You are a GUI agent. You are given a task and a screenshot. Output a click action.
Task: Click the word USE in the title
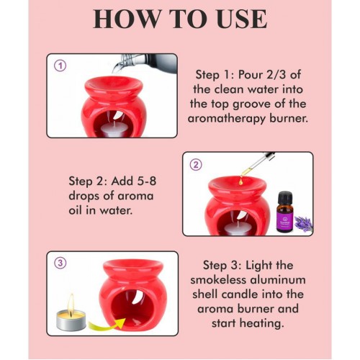pyautogui.click(x=243, y=19)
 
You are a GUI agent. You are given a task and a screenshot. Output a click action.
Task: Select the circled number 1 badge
pyautogui.click(x=60, y=66)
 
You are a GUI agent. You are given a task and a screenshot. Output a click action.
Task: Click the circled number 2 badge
pyautogui.click(x=196, y=165)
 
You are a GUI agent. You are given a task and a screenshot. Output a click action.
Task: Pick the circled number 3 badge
pyautogui.click(x=60, y=263)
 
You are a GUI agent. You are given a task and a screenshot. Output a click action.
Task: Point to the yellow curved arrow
pyautogui.click(x=106, y=325)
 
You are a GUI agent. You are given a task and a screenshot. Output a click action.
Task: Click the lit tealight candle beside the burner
pyautogui.click(x=71, y=315)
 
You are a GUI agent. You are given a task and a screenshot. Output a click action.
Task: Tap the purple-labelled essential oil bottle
pyautogui.click(x=284, y=212)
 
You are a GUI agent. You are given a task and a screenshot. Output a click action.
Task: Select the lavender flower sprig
pyautogui.click(x=303, y=224)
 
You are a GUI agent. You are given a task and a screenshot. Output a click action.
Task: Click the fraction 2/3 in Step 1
pyautogui.click(x=276, y=75)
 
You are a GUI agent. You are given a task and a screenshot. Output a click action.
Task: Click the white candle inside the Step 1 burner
pyautogui.click(x=114, y=130)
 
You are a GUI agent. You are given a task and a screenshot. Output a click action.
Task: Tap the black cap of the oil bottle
pyautogui.click(x=285, y=197)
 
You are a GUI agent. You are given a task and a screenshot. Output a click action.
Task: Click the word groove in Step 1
pyautogui.click(x=252, y=104)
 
